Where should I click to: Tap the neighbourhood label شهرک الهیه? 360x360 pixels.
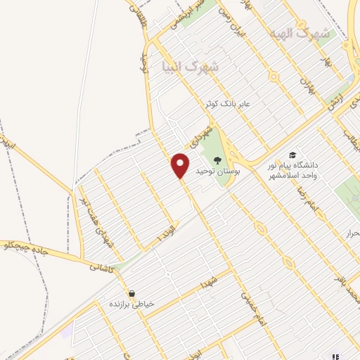(x=294, y=33)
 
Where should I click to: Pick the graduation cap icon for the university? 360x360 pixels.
(x=292, y=155)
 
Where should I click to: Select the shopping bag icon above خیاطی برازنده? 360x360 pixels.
(x=131, y=293)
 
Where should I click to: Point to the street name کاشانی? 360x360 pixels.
(x=101, y=267)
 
